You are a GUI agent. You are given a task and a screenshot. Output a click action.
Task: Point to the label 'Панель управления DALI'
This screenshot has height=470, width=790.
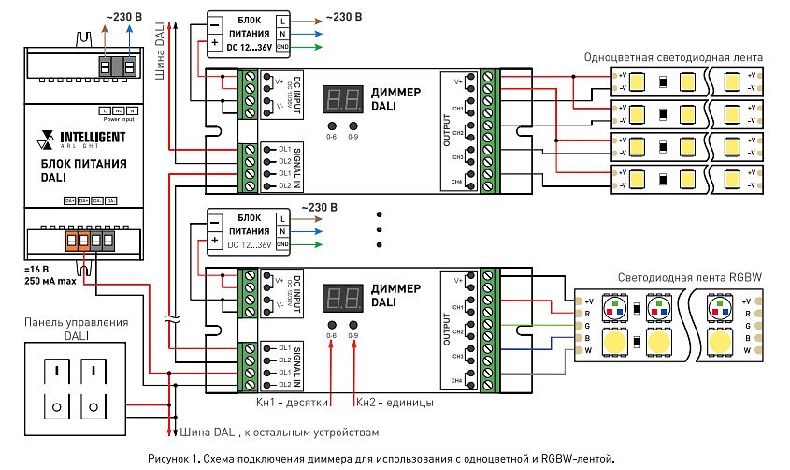[77, 328]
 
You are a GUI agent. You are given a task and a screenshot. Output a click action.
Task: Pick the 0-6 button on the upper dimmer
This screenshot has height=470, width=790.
[331, 125]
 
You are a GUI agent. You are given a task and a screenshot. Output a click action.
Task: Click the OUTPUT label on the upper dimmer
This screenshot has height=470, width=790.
[446, 132]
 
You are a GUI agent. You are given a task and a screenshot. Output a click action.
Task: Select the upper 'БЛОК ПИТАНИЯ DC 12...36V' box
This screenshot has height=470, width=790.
[249, 33]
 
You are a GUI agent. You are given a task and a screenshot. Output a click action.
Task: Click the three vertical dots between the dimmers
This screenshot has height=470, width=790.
[379, 228]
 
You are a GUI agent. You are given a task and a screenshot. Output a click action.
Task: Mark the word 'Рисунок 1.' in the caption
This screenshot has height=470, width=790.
[175, 458]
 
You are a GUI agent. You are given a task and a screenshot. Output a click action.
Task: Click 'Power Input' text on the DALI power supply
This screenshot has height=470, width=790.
[117, 120]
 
